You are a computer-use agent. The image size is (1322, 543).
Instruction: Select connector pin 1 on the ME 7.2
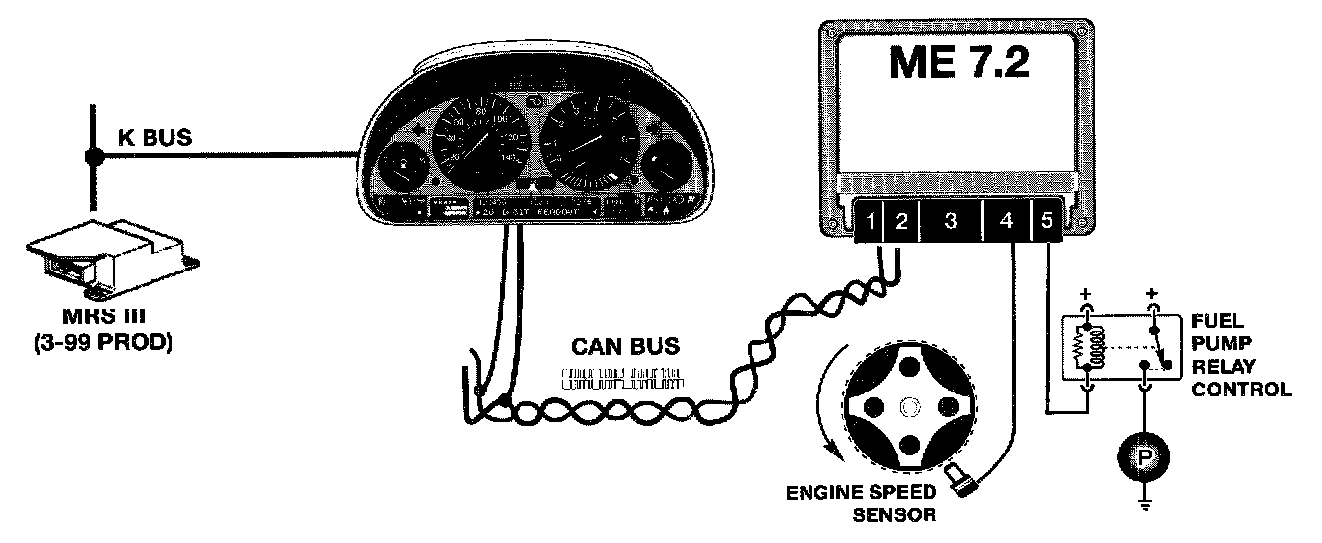click(871, 223)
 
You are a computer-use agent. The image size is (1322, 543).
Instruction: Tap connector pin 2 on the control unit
click(900, 223)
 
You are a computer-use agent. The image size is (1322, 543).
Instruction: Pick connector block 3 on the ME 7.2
click(950, 223)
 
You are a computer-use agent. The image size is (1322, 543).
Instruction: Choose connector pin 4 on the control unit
click(1006, 223)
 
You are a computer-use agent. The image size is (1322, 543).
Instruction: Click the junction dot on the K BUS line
click(94, 155)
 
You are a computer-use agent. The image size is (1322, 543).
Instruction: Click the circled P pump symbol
click(1144, 458)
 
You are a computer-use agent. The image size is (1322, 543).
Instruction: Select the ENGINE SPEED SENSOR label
click(857, 502)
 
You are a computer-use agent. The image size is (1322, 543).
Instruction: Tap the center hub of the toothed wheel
click(910, 405)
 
